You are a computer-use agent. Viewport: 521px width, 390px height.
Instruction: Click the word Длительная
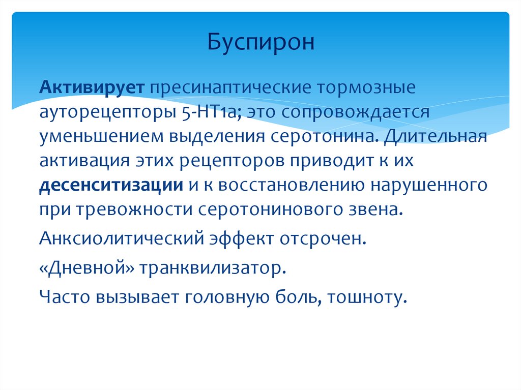[x=436, y=136]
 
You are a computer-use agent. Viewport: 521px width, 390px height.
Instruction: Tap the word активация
[x=84, y=161]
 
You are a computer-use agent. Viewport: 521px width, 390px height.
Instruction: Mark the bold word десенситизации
[x=111, y=185]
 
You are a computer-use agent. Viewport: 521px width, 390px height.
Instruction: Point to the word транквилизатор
[x=214, y=267]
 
